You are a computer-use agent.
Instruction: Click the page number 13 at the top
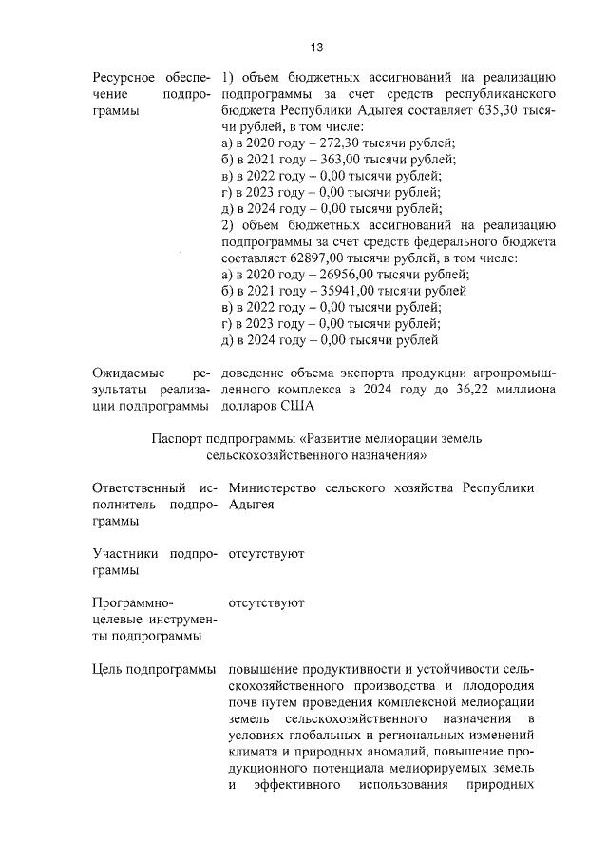[x=316, y=48]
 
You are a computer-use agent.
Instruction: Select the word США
[x=294, y=406]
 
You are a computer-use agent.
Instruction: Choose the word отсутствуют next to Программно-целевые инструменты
[x=266, y=602]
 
